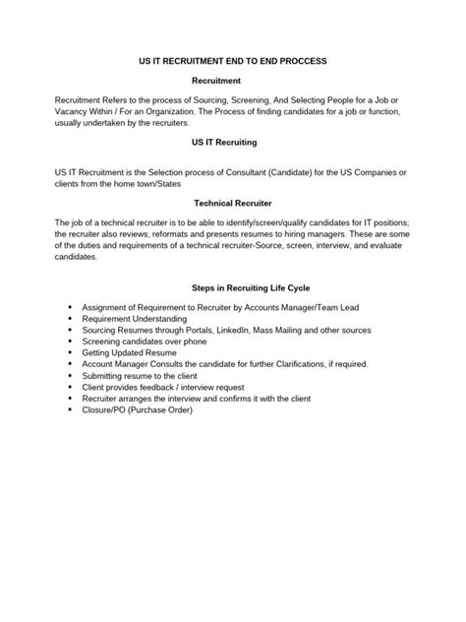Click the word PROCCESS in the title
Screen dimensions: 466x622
tap(299, 61)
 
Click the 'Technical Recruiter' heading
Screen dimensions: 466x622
tap(233, 202)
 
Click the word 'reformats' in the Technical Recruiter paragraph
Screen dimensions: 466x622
tap(173, 233)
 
